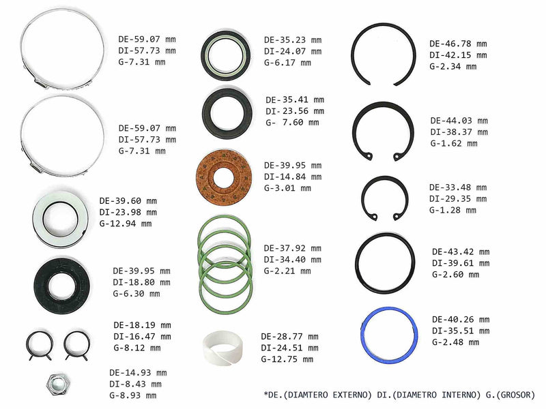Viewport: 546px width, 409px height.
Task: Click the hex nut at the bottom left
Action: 59,384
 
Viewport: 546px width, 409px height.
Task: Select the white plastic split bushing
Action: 223,348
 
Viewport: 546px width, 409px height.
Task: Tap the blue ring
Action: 362,334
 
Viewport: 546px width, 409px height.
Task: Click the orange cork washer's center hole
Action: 223,178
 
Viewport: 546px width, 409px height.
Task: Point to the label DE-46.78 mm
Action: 458,44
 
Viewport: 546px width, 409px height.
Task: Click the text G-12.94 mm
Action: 126,224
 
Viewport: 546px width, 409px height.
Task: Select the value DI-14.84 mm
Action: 293,177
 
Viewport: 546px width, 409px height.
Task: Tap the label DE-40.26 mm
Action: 461,320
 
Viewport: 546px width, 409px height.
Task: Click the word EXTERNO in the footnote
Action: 352,395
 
